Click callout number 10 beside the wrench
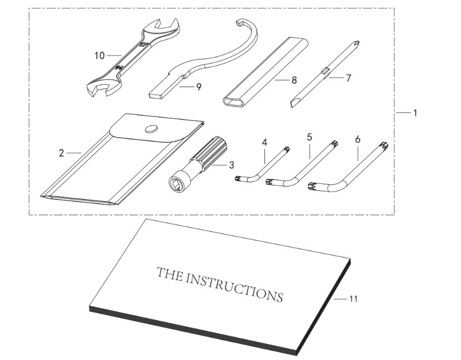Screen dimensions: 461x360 100,56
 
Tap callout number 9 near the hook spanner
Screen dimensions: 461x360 199,87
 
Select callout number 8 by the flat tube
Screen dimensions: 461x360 294,80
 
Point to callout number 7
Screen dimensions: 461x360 348,78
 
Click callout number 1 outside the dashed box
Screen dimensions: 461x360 415,113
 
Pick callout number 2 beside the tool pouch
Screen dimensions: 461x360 61,153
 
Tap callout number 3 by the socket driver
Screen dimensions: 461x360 232,165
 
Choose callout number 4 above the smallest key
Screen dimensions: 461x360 264,143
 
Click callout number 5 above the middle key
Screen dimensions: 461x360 309,137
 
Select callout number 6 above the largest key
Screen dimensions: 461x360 358,139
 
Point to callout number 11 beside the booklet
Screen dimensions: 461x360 353,299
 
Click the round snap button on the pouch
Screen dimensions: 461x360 151,128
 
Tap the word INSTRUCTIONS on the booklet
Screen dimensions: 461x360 234,288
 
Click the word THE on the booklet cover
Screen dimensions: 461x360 169,274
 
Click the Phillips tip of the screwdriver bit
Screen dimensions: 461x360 357,45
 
